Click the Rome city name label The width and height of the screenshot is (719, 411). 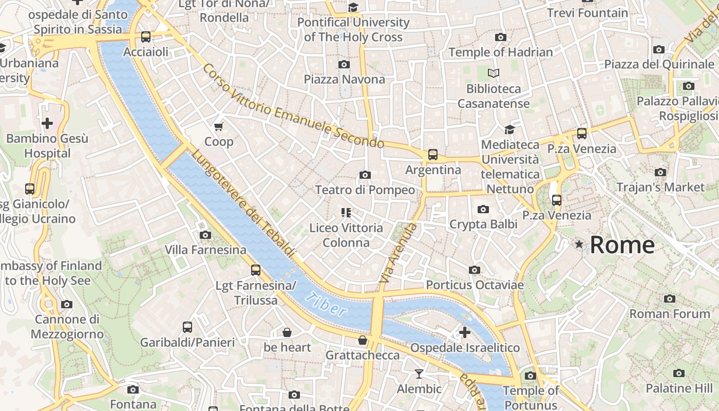pos(622,245)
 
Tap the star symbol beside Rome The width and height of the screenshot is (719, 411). pos(579,245)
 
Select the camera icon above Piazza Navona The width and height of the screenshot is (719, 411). pos(344,64)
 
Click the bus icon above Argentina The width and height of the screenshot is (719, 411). pos(433,155)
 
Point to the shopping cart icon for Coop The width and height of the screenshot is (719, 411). pos(219,126)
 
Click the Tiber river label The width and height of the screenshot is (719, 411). pos(326,304)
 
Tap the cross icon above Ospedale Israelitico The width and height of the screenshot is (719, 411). pos(465,332)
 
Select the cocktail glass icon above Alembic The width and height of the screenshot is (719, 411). pos(419,373)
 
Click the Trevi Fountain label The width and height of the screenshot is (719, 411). pos(588,13)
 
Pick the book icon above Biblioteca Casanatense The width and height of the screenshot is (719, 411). pos(494,73)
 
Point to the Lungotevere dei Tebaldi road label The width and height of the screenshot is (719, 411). pos(244,204)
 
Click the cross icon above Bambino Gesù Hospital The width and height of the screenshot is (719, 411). pos(47,123)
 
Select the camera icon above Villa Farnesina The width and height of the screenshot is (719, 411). pos(205,235)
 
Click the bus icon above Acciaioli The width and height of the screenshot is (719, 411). pos(146,37)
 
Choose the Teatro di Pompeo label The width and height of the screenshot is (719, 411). pos(365,190)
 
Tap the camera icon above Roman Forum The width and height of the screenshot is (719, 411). pos(669,298)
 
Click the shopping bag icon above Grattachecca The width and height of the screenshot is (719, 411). pos(363,340)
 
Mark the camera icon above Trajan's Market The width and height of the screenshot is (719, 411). pos(660,172)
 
